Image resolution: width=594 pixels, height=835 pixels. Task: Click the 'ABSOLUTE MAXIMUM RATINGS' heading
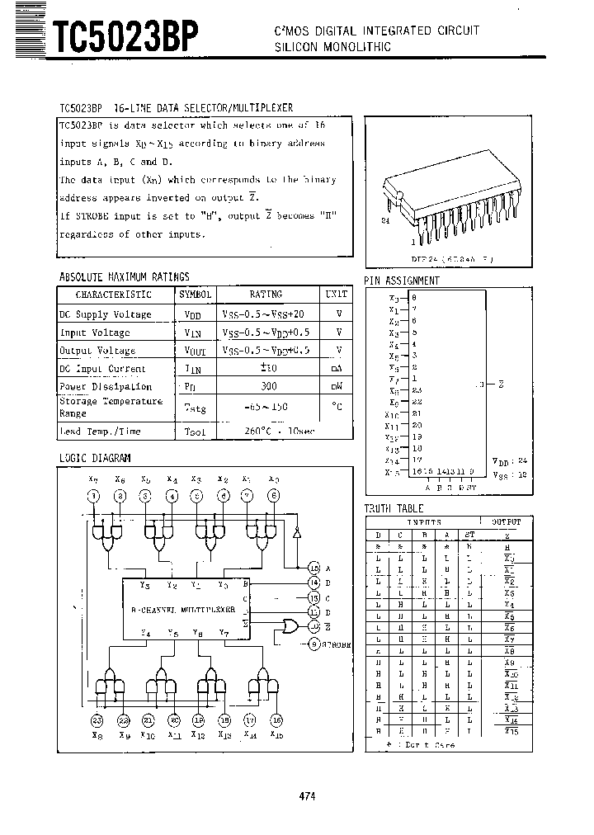click(124, 276)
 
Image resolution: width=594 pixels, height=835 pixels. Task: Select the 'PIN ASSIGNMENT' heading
click(402, 281)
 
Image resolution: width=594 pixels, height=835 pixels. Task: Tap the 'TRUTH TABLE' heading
click(394, 509)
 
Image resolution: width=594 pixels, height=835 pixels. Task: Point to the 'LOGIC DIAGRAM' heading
click(94, 457)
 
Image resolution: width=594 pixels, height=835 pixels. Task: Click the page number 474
click(307, 796)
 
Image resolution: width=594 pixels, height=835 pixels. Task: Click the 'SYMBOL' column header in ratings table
click(196, 295)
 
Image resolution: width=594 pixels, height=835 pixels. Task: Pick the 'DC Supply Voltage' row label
click(106, 314)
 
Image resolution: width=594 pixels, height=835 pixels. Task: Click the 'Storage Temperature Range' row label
click(111, 407)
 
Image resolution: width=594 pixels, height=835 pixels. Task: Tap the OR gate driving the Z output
click(290, 628)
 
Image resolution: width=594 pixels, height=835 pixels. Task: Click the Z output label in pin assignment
click(501, 384)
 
